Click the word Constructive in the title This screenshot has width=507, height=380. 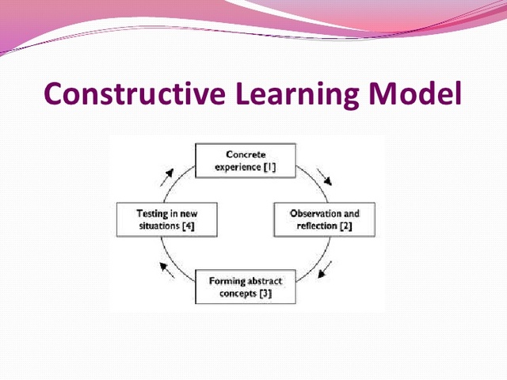[135, 94]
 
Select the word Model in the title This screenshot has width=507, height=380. [417, 94]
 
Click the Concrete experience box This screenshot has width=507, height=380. [246, 161]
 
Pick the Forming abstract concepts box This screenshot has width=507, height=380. [246, 287]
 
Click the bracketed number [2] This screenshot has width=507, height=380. [346, 226]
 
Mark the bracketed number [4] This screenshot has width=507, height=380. [188, 226]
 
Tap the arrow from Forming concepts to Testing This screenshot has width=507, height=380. [167, 270]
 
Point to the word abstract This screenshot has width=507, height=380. [262, 281]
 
